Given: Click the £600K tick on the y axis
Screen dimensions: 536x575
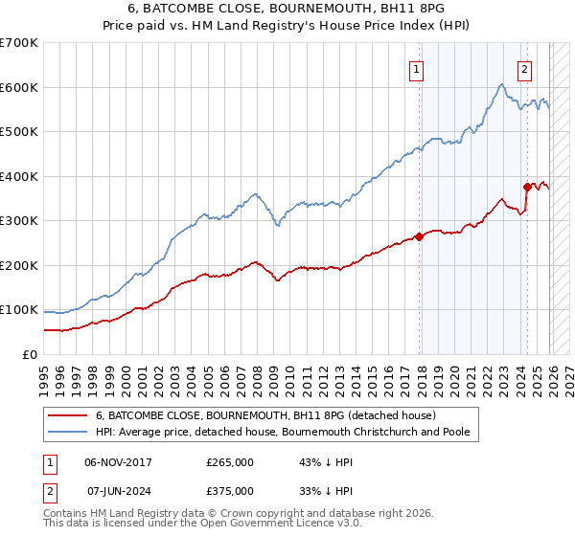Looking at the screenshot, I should [19, 87].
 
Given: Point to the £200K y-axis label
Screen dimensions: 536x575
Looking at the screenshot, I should [19, 265].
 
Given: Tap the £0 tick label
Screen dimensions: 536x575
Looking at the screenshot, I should [30, 354].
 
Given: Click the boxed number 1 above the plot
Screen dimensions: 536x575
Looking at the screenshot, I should [418, 69].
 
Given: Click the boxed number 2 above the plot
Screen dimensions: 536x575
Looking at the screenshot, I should [525, 69].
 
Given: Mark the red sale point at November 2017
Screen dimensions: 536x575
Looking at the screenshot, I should [419, 236].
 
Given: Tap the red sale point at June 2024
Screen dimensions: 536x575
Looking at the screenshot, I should [526, 188].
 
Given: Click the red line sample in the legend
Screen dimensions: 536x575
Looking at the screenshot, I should [67, 416].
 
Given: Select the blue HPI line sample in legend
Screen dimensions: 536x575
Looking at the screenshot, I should [67, 433].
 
